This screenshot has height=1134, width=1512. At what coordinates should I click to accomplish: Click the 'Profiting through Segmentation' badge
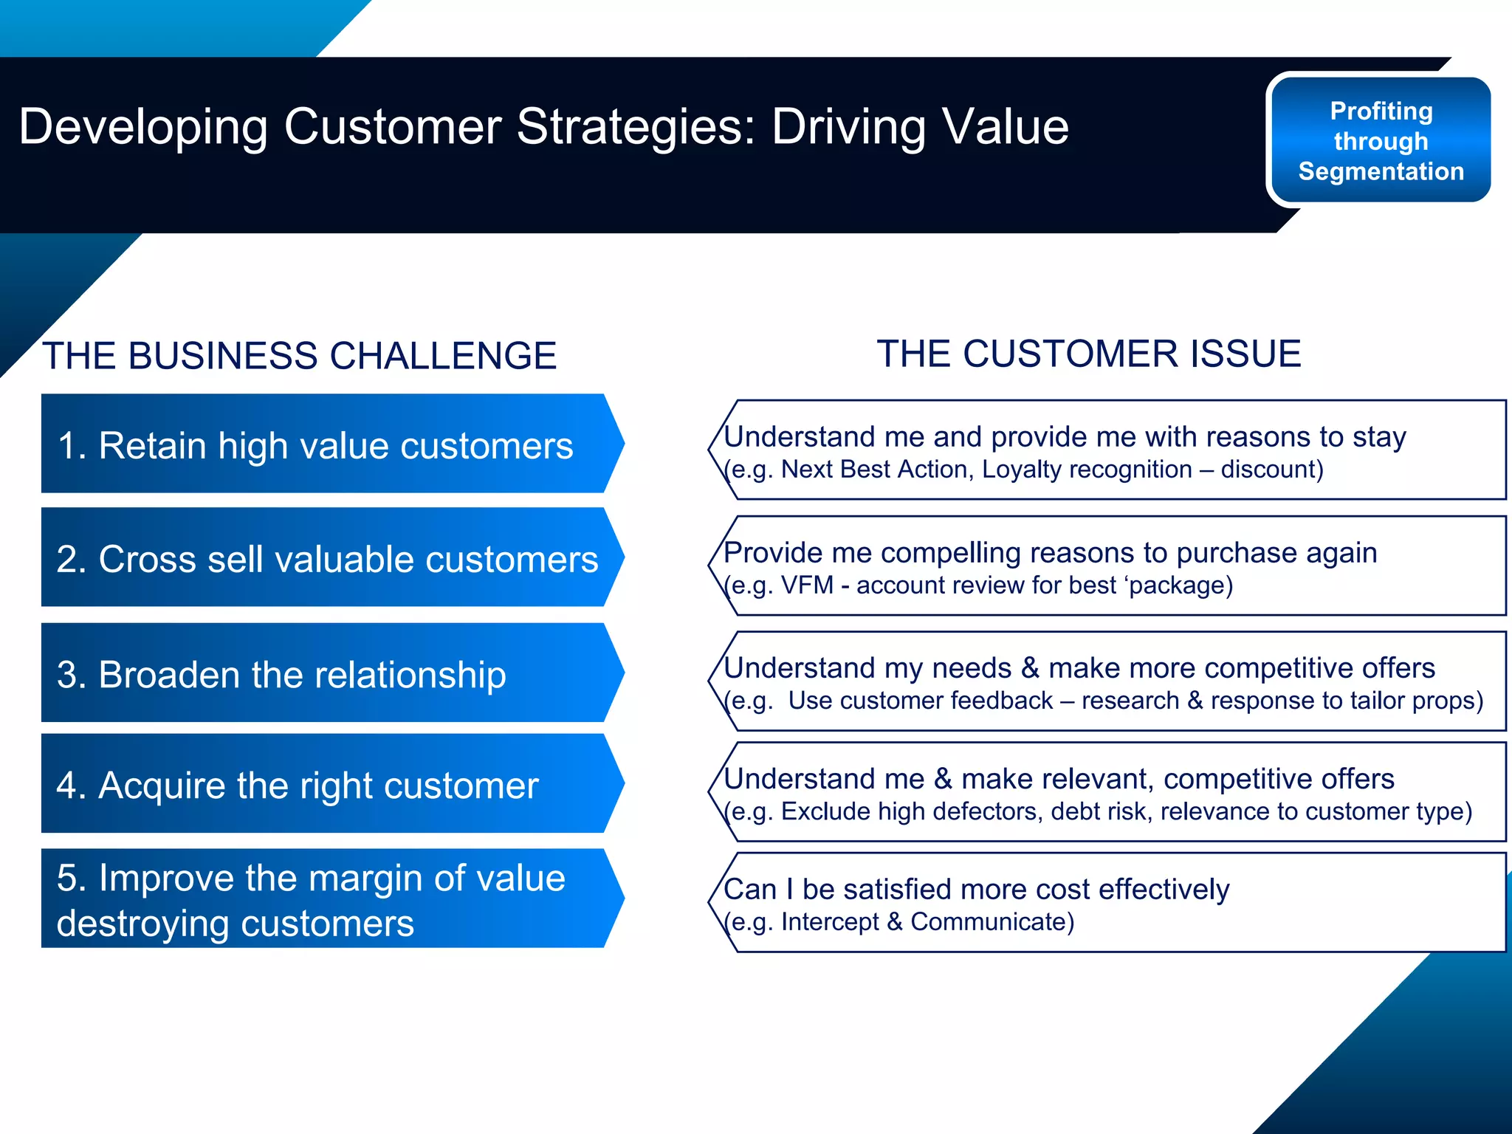point(1379,140)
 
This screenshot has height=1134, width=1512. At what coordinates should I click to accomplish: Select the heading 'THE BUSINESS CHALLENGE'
point(299,356)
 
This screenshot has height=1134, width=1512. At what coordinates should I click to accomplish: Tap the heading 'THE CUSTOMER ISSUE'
point(1088,354)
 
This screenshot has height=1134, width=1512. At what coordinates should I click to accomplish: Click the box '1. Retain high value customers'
point(325,444)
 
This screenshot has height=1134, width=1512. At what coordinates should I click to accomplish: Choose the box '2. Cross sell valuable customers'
point(325,558)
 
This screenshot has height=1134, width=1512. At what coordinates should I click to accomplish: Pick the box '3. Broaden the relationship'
point(325,673)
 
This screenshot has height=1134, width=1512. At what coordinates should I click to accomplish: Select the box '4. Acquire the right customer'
point(325,784)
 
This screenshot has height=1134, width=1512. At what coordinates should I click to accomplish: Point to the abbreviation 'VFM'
point(806,585)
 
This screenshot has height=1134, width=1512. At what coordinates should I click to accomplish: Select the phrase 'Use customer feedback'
point(920,701)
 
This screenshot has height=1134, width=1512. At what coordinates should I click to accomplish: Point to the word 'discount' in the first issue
point(1268,470)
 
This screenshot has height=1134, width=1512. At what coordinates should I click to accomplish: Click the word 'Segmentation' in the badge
point(1381,171)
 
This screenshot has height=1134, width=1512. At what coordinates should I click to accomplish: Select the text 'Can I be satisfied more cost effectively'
point(976,890)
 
